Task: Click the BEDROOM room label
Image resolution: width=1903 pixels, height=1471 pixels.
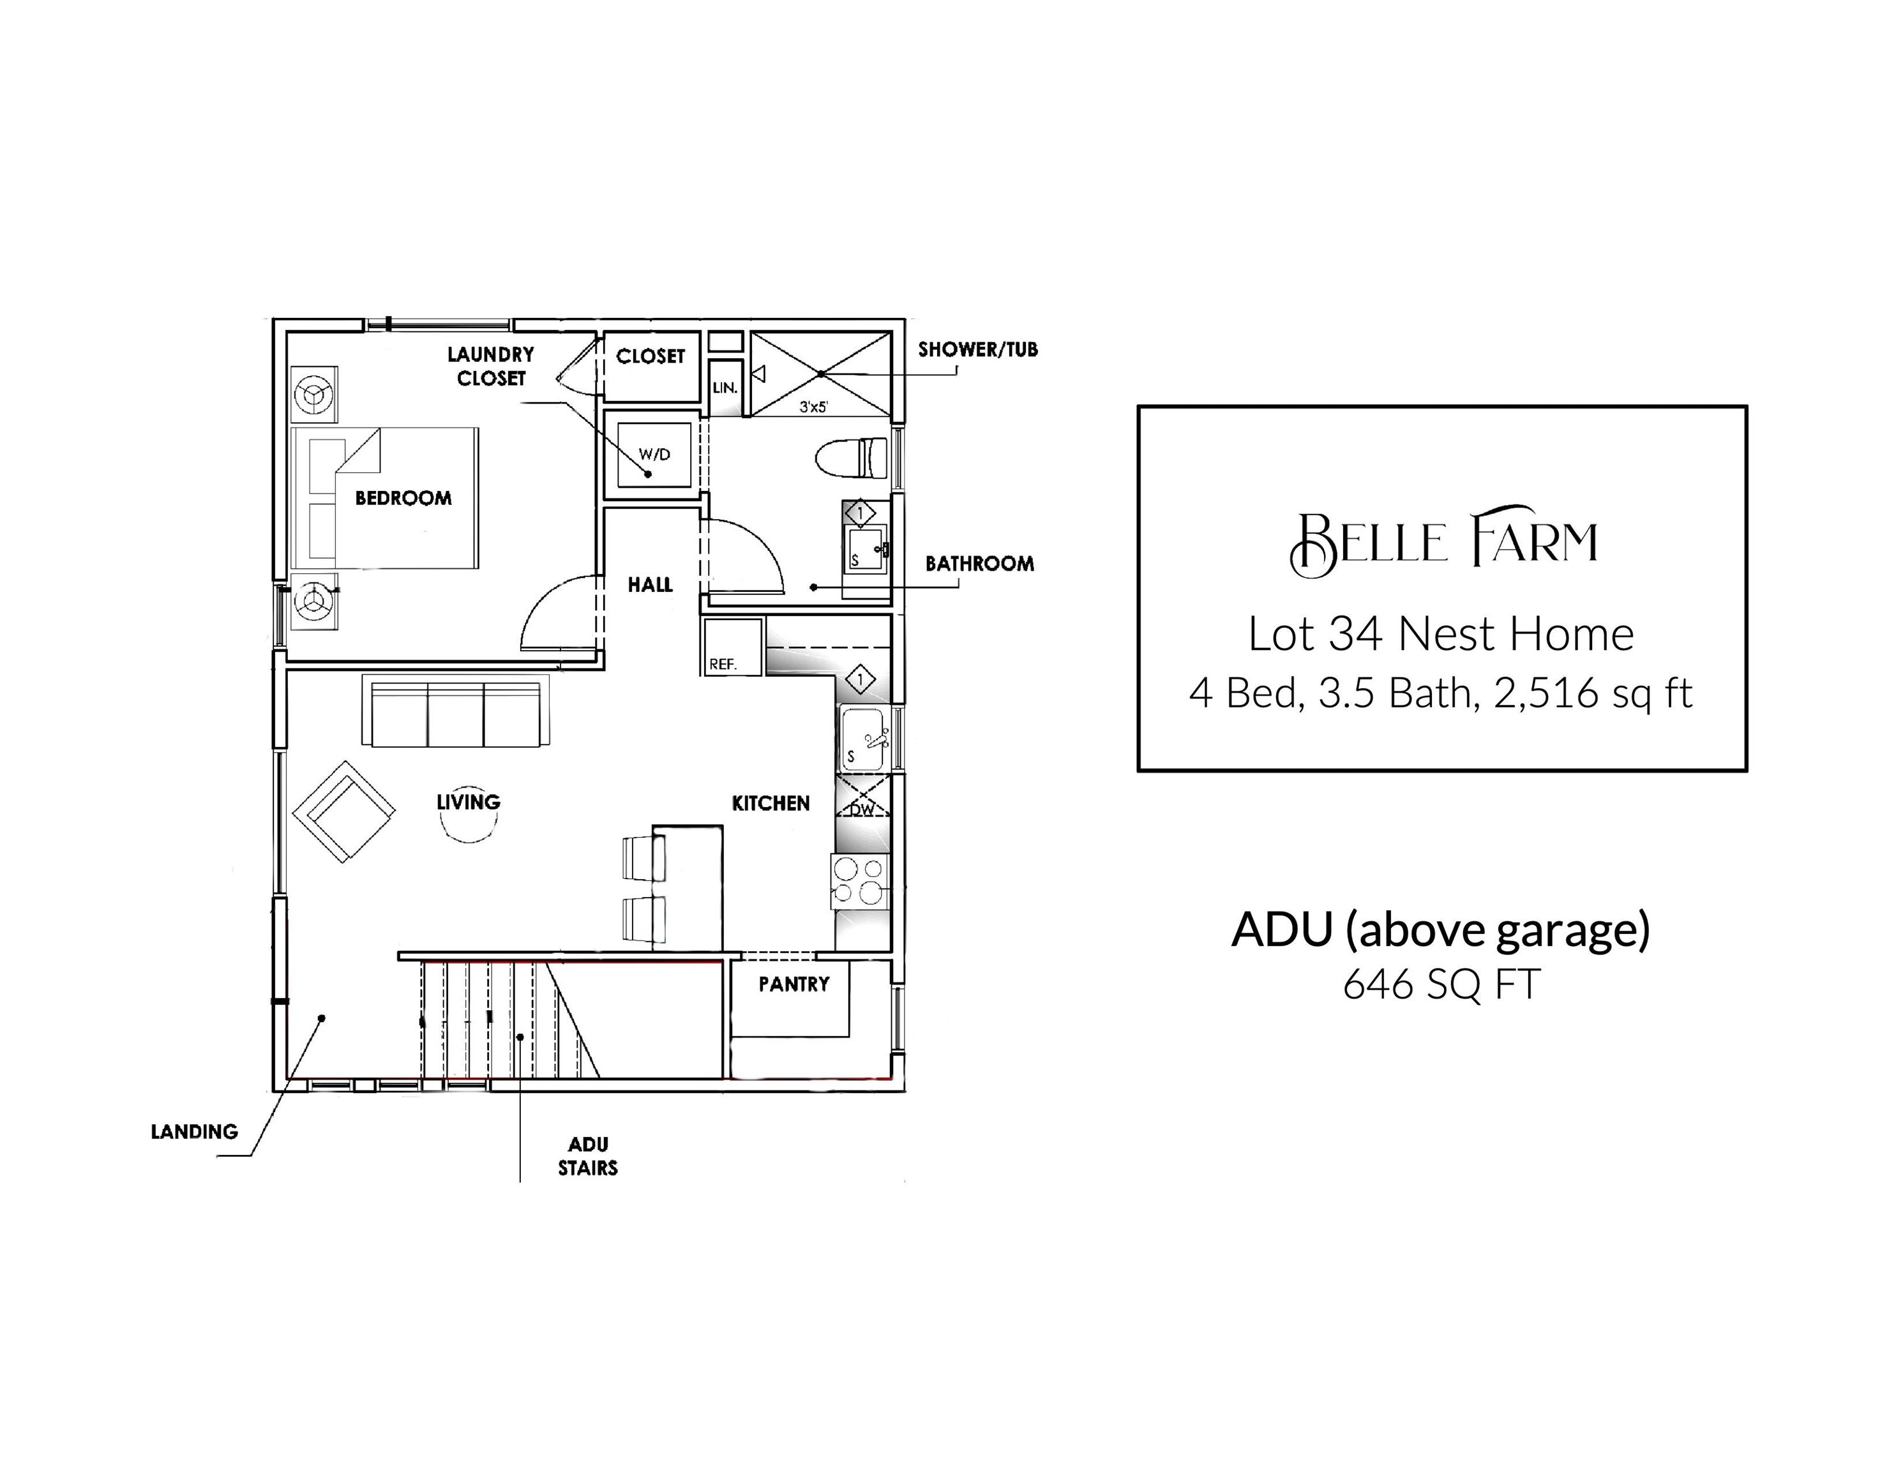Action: click(403, 499)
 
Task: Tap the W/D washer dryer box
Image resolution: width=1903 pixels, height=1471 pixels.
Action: click(654, 454)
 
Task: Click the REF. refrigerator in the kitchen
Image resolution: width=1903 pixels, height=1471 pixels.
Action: click(733, 647)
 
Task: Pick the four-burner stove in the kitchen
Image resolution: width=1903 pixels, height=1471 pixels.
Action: click(860, 881)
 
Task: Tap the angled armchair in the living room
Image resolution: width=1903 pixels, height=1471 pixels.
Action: click(344, 811)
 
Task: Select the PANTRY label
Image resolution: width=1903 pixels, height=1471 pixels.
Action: click(794, 984)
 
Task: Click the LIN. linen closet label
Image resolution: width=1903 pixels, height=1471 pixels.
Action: click(725, 388)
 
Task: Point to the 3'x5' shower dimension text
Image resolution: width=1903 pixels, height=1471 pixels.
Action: click(814, 407)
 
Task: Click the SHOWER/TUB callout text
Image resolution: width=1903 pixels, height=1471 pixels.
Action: click(977, 349)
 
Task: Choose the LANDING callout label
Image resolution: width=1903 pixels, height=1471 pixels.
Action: click(194, 1132)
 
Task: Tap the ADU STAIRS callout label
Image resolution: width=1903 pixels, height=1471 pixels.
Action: click(588, 1156)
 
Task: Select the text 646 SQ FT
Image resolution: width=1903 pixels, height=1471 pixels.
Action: click(1442, 984)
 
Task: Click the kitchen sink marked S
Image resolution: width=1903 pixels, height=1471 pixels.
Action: click(864, 739)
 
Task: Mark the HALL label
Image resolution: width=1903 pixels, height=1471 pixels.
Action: click(650, 585)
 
